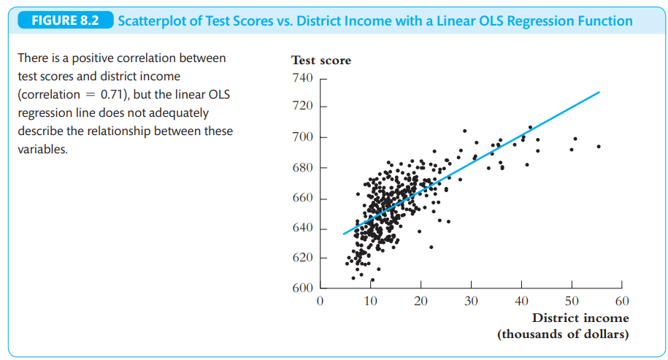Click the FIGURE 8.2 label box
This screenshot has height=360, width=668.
coord(64,20)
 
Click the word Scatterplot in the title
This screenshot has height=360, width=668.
coord(152,20)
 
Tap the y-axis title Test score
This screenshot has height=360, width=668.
coord(320,61)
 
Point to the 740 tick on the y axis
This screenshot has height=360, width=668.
coord(302,78)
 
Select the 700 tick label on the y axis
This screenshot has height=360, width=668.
coord(302,137)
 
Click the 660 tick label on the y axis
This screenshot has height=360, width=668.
coord(302,199)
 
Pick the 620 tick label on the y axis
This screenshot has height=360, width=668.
coord(302,258)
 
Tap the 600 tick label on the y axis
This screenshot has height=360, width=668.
coord(302,288)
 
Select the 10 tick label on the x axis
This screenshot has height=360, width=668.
coord(370,301)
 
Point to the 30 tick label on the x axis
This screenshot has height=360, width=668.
coord(471,301)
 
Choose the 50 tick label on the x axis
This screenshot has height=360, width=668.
coord(572,301)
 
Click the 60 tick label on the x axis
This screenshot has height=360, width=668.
coord(622,301)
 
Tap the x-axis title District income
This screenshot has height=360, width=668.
coord(580,318)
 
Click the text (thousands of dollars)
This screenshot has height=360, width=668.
coord(563,334)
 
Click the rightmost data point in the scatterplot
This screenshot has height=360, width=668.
coord(599,146)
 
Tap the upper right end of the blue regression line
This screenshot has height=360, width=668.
coord(599,92)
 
